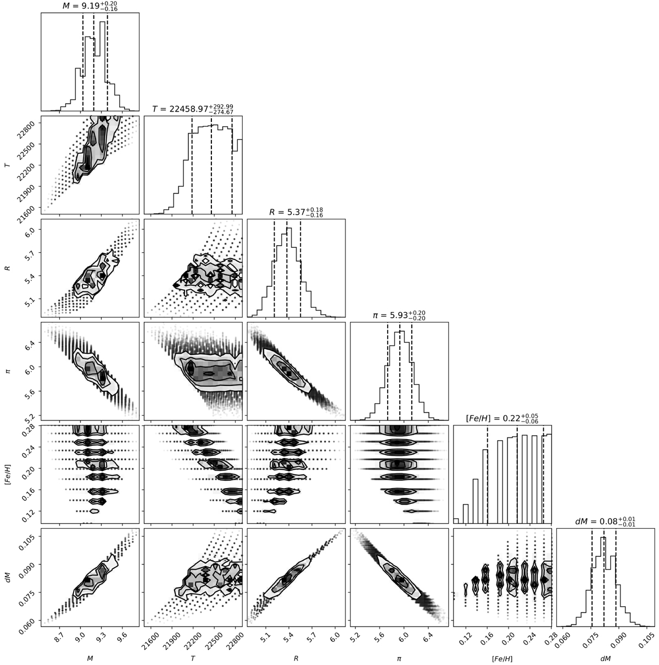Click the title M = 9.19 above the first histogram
[x=90, y=6]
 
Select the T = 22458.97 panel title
[x=193, y=109]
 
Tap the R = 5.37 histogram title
[x=296, y=212]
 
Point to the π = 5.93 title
[x=399, y=315]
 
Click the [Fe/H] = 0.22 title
[x=502, y=418]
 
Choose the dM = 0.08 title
[x=605, y=522]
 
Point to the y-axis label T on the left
[x=8, y=165]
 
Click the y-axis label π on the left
[x=8, y=372]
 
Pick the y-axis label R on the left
[x=8, y=268]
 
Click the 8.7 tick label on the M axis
[x=59, y=638]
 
